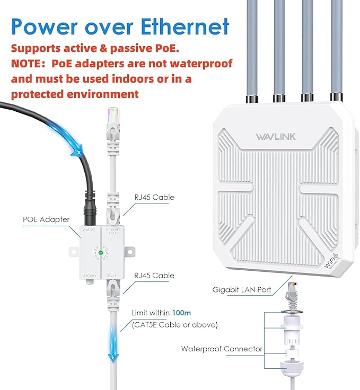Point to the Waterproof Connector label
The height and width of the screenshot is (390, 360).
coord(222,349)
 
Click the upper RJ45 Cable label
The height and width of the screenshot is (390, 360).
coord(155,197)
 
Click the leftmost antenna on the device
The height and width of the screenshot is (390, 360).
coord(251,48)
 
